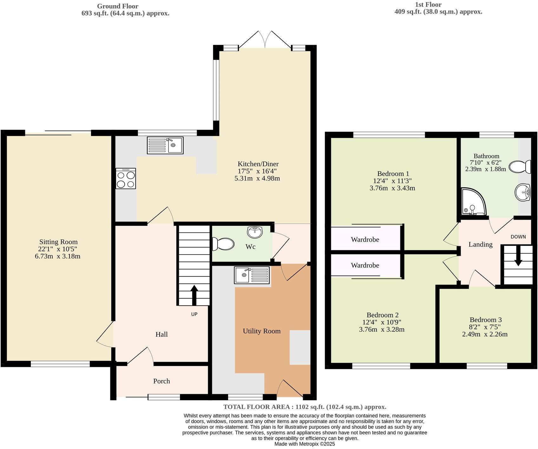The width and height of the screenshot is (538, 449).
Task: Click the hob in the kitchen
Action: (126, 179)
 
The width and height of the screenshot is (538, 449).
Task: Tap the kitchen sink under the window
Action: (165, 145)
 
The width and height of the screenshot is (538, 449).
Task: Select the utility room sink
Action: (252, 275)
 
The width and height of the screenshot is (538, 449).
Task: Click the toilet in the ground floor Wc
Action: (223, 244)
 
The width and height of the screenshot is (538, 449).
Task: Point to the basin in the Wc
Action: (255, 232)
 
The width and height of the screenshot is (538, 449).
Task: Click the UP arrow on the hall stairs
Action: (194, 295)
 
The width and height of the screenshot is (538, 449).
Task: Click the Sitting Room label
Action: (58, 242)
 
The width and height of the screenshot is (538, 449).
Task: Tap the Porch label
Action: (161, 381)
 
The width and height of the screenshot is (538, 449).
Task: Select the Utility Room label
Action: (262, 331)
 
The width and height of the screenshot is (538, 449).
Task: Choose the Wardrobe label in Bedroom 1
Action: (365, 239)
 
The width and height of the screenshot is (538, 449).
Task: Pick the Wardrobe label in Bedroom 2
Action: (365, 265)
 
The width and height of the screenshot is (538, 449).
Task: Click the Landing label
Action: (480, 244)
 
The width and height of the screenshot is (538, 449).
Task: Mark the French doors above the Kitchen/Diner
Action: (265, 40)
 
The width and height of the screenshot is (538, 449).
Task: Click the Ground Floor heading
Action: (117, 6)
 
